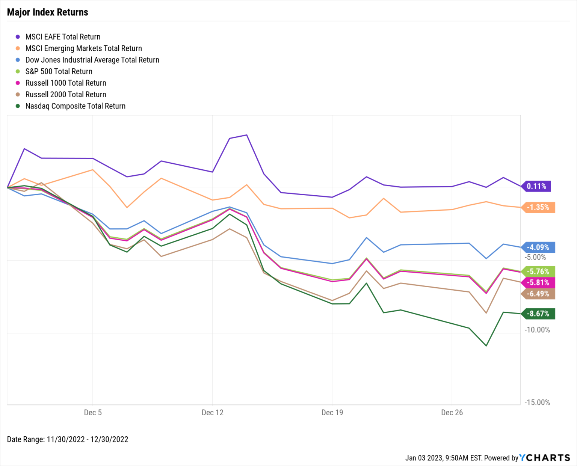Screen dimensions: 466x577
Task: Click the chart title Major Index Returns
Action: [x=48, y=12]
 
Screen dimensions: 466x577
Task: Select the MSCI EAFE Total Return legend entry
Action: [x=62, y=37]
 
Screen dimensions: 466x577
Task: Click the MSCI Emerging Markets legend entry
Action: [x=83, y=48]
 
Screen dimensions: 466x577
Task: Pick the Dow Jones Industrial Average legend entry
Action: [x=92, y=60]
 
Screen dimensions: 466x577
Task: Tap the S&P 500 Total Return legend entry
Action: [x=59, y=71]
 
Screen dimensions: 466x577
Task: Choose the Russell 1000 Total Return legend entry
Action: [x=65, y=83]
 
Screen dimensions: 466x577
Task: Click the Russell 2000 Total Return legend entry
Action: [x=65, y=95]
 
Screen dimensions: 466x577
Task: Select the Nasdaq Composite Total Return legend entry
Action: [x=75, y=106]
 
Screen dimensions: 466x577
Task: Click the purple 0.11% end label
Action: [x=536, y=186]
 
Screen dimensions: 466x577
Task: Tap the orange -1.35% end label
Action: [x=538, y=207]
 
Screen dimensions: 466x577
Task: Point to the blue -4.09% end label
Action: [x=538, y=247]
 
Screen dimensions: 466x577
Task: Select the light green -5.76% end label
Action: [x=538, y=271]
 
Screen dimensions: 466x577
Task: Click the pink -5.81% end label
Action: [x=538, y=283]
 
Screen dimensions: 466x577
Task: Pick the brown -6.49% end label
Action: [x=538, y=294]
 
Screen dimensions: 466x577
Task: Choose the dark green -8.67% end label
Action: [x=538, y=314]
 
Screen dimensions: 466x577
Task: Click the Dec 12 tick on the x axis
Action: [x=213, y=413]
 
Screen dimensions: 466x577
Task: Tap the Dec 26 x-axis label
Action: [x=452, y=413]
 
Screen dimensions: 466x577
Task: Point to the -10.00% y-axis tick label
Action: [x=537, y=330]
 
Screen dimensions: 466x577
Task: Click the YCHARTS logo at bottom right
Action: [x=544, y=458]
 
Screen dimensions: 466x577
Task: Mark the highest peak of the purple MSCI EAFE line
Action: [x=246, y=135]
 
